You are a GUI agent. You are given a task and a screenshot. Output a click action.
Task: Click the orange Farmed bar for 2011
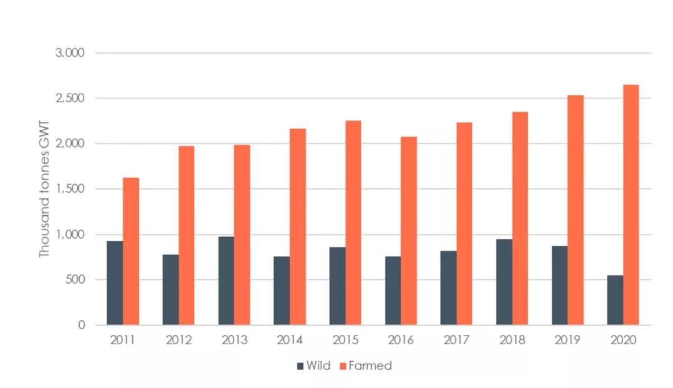(x=131, y=251)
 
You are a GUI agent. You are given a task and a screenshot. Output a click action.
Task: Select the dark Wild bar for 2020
(x=615, y=300)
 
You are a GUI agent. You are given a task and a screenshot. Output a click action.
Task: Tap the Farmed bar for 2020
(x=631, y=205)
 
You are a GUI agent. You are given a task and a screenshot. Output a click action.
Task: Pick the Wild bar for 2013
(x=226, y=281)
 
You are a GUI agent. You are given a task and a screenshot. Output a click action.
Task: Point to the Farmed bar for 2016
(x=409, y=231)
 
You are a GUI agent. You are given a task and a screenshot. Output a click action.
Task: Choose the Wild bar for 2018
(x=504, y=282)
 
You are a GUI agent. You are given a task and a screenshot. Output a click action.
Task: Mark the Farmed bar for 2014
(x=298, y=226)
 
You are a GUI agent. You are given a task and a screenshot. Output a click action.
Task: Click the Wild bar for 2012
(x=171, y=289)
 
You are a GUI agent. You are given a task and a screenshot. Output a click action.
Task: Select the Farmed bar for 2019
(x=575, y=210)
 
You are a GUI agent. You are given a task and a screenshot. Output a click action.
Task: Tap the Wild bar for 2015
(x=337, y=286)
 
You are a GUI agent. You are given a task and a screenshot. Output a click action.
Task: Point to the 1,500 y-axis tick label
(x=70, y=189)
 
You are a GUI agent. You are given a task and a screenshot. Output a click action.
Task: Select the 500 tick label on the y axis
(x=75, y=279)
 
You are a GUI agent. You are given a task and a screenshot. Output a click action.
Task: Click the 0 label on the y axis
(x=82, y=325)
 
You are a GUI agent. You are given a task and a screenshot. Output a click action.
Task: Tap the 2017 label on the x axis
(x=456, y=341)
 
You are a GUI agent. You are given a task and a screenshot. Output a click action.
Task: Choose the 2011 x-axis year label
(x=123, y=341)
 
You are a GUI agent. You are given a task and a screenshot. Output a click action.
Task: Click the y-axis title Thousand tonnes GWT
(x=44, y=188)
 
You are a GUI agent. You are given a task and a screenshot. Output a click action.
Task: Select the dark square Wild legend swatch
(x=300, y=366)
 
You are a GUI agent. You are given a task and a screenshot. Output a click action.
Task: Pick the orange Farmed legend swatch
(x=341, y=366)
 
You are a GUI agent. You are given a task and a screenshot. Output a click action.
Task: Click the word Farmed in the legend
(x=370, y=366)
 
